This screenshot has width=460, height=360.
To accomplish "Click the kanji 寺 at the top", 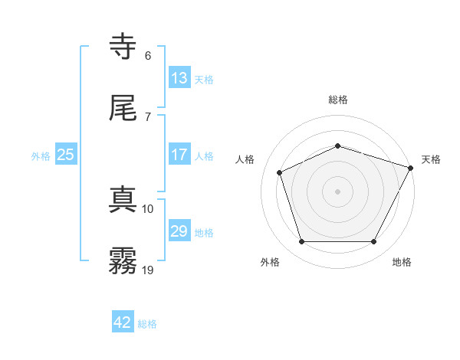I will (123, 47).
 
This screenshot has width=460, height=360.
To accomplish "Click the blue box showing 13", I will (179, 78).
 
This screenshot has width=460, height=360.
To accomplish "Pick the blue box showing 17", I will (179, 155).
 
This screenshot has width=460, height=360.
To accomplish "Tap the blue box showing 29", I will (179, 231).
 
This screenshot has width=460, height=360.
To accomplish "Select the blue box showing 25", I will (66, 155).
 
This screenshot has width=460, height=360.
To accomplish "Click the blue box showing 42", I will (123, 323).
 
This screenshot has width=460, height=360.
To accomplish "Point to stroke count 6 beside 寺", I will (148, 56).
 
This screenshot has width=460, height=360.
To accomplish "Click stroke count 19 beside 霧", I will (149, 270).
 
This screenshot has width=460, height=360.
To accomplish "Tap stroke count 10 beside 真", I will (148, 208).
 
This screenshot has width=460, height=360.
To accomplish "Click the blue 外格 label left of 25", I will (41, 156).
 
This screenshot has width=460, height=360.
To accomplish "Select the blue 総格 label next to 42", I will (147, 325).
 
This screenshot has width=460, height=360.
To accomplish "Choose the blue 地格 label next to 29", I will (204, 233).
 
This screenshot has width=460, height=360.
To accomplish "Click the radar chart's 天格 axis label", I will (431, 159).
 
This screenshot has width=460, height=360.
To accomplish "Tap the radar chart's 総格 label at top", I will (337, 100).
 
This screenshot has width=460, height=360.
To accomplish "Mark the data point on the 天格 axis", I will (412, 167).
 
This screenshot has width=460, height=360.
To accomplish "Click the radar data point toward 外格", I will (301, 242).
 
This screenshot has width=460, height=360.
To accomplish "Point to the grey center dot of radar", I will (337, 191).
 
